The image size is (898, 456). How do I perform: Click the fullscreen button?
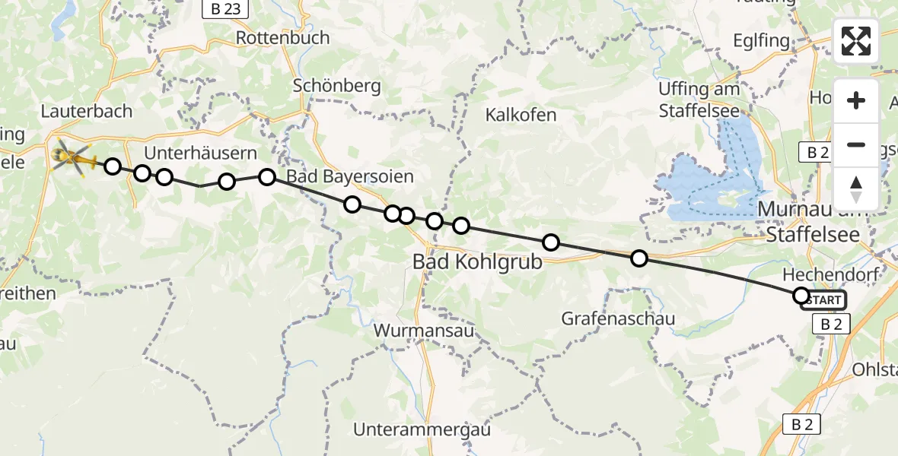coord(856,41)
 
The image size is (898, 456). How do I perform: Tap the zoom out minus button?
coord(856,144)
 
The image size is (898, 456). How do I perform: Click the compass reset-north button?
coord(856,188)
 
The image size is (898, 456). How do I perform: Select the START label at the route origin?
coord(823,300)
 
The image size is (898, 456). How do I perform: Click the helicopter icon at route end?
coord(73,157)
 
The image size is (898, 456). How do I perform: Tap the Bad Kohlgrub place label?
coord(477,261)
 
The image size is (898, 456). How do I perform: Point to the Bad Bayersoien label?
coord(350,177)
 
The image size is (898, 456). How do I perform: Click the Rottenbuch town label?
coord(283,38)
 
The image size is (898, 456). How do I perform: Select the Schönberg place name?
coord(337,86)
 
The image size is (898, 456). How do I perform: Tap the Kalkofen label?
coord(521,116)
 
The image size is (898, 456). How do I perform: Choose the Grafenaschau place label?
coord(618,318)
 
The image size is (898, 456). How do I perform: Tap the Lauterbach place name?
coord(87,112)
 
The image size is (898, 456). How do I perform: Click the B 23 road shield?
coord(221,9)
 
